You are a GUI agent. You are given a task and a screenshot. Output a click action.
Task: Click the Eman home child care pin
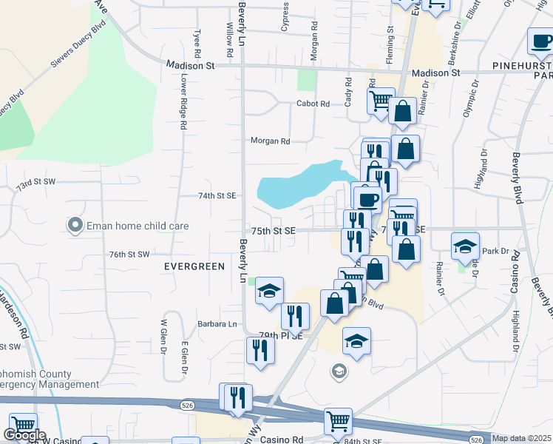tap(75, 226)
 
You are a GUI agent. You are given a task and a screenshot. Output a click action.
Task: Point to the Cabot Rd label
tap(313, 104)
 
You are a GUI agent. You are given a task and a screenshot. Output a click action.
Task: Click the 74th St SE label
tap(217, 195)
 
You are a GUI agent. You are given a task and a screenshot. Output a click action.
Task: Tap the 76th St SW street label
tap(129, 254)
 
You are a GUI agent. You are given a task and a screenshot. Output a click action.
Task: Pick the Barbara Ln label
tap(216, 324)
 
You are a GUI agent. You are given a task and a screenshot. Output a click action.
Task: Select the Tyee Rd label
tap(197, 44)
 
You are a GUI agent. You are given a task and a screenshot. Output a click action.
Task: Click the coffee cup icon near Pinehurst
tap(540, 40)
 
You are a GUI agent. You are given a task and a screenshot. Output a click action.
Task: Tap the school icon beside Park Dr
tap(466, 246)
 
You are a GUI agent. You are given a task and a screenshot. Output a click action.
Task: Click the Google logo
tap(24, 436)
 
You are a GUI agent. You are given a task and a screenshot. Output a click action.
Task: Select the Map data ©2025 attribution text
tap(521, 438)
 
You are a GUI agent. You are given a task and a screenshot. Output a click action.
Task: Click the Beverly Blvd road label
tap(517, 178)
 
